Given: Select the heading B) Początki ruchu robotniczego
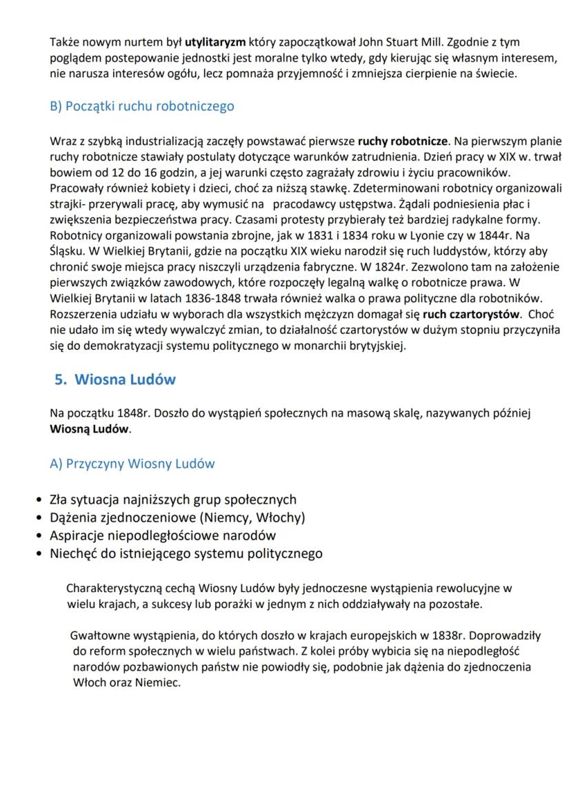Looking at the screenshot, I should [x=142, y=106].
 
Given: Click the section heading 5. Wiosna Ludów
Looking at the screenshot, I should [x=115, y=380].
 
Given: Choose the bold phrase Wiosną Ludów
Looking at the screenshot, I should [x=90, y=429].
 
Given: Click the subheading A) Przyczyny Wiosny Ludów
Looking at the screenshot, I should [x=132, y=464].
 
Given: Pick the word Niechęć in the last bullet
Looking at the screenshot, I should [x=75, y=553].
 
